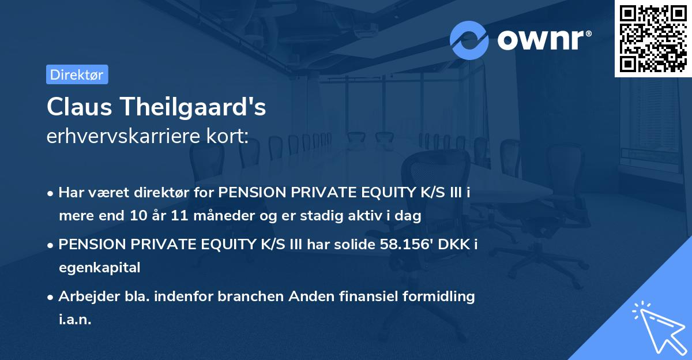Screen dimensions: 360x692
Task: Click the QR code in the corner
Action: [x=653, y=38]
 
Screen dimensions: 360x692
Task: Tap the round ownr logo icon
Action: [x=469, y=40]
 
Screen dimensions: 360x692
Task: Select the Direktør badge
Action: [x=77, y=74]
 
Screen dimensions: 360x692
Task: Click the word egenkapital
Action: [x=99, y=267]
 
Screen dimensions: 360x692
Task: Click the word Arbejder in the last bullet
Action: [x=84, y=297]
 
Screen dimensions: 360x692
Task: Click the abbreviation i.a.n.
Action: [x=75, y=319]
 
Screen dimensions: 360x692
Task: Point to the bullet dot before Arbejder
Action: [x=51, y=297]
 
